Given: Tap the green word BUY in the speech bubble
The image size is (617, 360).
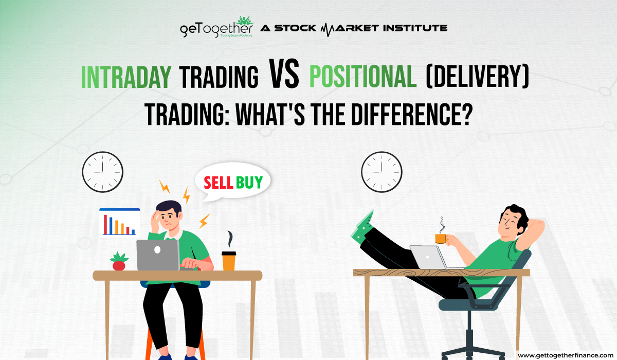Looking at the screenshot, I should (x=249, y=182).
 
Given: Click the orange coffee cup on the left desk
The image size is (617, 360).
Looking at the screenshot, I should (x=229, y=260).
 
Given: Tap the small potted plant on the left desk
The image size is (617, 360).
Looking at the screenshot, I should (x=119, y=262).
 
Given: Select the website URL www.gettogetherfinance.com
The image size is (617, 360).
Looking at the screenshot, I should (x=565, y=355).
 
